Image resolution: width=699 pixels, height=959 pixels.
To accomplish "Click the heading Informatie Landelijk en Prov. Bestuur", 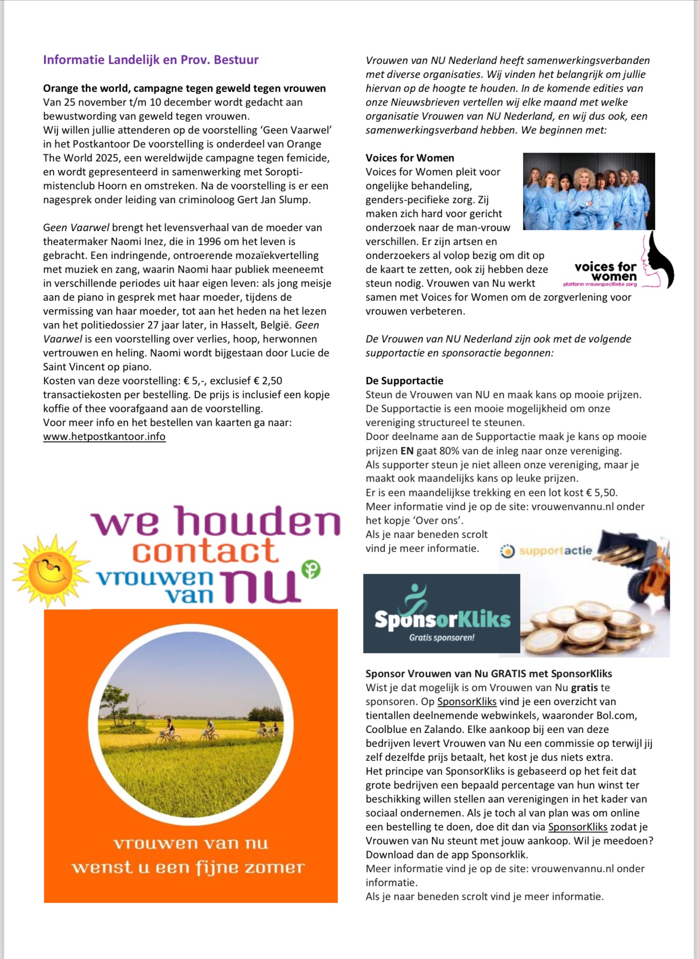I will [x=151, y=60].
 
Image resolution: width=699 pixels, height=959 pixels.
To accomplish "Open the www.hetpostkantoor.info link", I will [x=104, y=437].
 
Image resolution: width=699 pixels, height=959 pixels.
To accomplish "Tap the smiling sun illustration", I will [x=51, y=571].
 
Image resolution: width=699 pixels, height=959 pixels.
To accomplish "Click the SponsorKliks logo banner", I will [x=441, y=613].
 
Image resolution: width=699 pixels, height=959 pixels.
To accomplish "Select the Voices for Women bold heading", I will [x=410, y=158].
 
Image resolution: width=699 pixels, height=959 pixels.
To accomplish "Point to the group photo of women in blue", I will [x=589, y=191].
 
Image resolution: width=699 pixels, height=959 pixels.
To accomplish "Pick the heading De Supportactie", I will [x=404, y=381].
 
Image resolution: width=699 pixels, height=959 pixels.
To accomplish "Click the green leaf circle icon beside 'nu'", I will [x=311, y=570].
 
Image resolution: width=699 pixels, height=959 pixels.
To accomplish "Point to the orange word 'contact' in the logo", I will [x=205, y=551].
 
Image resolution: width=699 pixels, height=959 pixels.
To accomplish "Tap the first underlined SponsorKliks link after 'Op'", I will [x=467, y=702].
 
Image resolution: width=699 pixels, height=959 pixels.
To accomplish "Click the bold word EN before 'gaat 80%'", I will [x=407, y=451].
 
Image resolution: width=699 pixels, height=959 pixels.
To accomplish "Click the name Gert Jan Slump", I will [x=274, y=200].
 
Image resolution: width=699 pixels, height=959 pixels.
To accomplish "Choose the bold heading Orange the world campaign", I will [x=184, y=88].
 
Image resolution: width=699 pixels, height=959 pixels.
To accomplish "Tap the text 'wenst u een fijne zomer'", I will [x=188, y=868].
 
